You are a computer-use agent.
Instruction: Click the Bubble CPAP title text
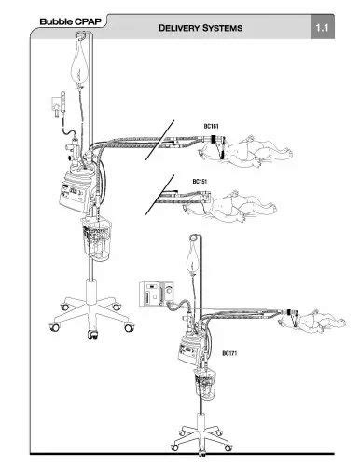(71, 21)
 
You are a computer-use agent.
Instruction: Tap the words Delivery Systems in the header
(201, 28)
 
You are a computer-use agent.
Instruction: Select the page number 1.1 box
(322, 28)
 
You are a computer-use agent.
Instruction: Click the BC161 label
(211, 126)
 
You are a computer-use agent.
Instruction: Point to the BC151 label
(200, 181)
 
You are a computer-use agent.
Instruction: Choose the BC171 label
(229, 353)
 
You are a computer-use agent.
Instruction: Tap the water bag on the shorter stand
(194, 255)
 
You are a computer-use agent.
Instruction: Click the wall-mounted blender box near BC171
(156, 294)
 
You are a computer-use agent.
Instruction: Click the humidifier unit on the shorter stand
(190, 349)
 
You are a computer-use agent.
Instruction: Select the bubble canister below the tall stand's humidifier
(96, 240)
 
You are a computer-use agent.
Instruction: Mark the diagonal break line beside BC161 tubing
(159, 140)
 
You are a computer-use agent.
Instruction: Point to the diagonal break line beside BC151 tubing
(159, 195)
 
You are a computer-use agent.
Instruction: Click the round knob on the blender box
(169, 290)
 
